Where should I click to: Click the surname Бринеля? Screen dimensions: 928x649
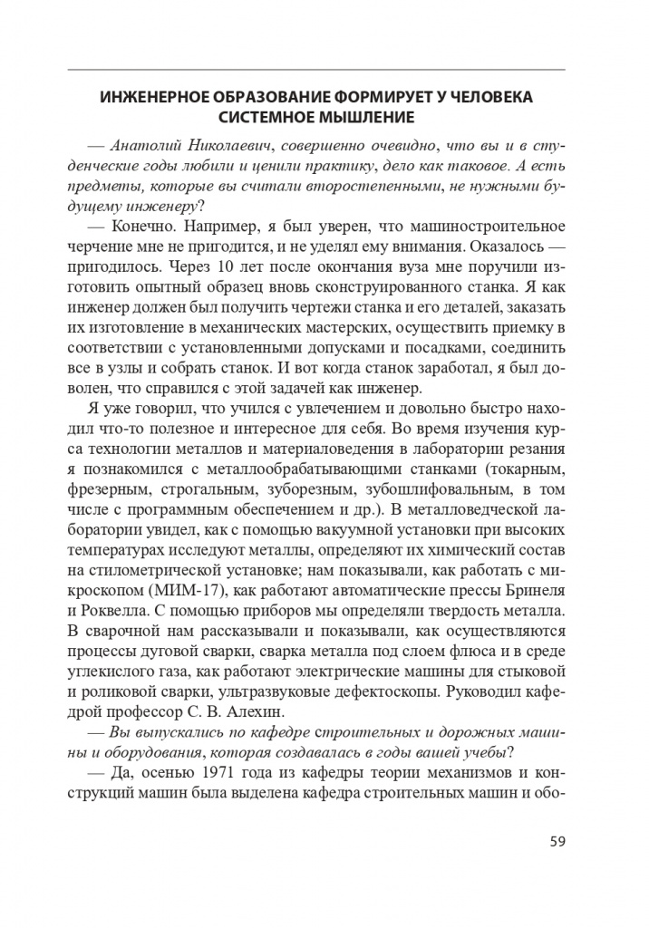click(533, 585)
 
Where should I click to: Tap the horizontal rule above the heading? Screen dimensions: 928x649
click(316, 71)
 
